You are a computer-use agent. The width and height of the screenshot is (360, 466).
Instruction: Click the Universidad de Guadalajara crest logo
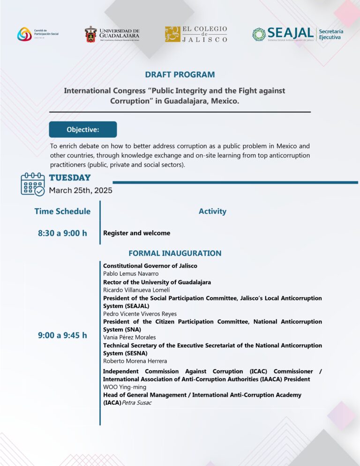[x=91, y=34]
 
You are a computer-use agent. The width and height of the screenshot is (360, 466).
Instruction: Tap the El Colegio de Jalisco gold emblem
[x=172, y=34]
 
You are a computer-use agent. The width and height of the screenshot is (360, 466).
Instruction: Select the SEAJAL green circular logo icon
[x=259, y=34]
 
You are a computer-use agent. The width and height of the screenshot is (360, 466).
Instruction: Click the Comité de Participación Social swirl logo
[x=24, y=34]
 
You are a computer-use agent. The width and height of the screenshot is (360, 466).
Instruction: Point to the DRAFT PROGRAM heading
[x=180, y=75]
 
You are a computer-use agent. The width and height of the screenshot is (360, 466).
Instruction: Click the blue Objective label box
[x=83, y=129]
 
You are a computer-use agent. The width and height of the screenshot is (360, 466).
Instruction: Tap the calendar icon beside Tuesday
[x=32, y=184]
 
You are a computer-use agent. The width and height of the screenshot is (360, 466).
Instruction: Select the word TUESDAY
[x=70, y=178]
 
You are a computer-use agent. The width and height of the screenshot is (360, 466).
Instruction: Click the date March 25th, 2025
[x=81, y=190]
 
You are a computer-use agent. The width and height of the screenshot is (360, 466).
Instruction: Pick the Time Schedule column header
[x=62, y=211]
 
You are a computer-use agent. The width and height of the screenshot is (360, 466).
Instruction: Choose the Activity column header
[x=212, y=211]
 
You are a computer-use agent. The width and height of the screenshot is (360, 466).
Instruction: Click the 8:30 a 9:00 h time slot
[x=62, y=233]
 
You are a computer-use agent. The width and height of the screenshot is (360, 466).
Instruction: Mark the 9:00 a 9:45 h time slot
[x=62, y=335]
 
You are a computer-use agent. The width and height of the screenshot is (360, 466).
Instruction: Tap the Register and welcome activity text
[x=136, y=233]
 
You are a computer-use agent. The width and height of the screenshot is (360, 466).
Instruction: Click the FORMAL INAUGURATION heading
[x=175, y=253]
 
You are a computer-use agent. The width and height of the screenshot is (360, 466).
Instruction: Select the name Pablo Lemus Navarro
[x=131, y=273]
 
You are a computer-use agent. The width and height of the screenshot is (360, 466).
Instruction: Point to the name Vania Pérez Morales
[x=129, y=337]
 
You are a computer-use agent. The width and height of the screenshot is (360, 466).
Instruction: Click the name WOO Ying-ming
[x=125, y=387]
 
